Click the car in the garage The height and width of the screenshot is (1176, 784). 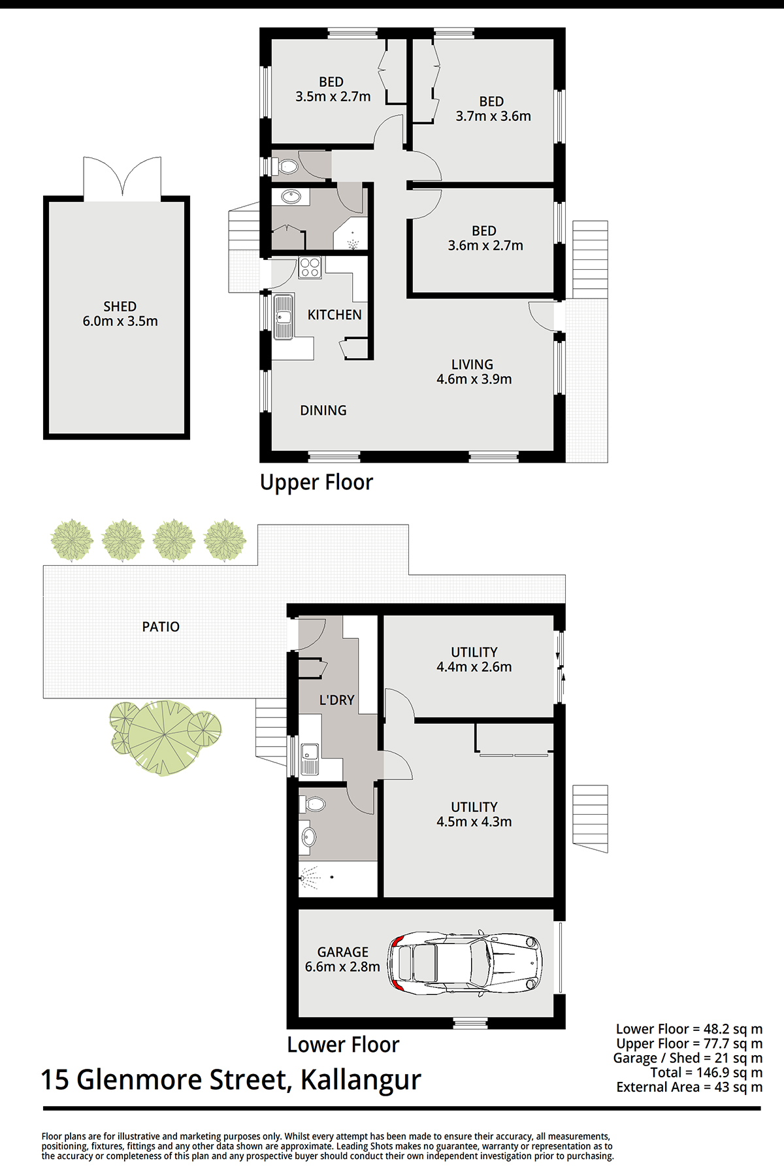[x=465, y=963]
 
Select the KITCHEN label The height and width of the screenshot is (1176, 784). [x=335, y=315]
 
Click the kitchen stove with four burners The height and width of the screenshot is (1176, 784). [x=310, y=268]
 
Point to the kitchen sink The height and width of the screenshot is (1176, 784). [x=283, y=317]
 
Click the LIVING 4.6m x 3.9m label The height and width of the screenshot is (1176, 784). [x=474, y=372]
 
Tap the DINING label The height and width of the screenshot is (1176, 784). [x=323, y=410]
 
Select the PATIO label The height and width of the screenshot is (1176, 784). [x=161, y=627]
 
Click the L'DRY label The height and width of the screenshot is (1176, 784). [x=336, y=700]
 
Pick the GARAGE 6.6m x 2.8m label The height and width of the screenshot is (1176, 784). [x=342, y=959]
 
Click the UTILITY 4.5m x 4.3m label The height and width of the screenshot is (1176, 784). [x=474, y=814]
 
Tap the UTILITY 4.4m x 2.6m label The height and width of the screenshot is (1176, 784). [x=474, y=659]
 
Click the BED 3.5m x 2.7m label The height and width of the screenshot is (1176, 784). [x=333, y=90]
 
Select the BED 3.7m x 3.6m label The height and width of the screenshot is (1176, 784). [x=493, y=109]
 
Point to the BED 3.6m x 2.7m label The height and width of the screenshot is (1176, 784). [x=485, y=238]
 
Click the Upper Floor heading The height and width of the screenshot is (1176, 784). [x=316, y=482]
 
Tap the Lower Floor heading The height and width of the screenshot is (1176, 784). [x=343, y=1045]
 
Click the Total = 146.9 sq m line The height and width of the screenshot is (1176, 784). [x=706, y=1072]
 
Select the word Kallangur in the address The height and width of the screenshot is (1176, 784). [x=361, y=1080]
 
